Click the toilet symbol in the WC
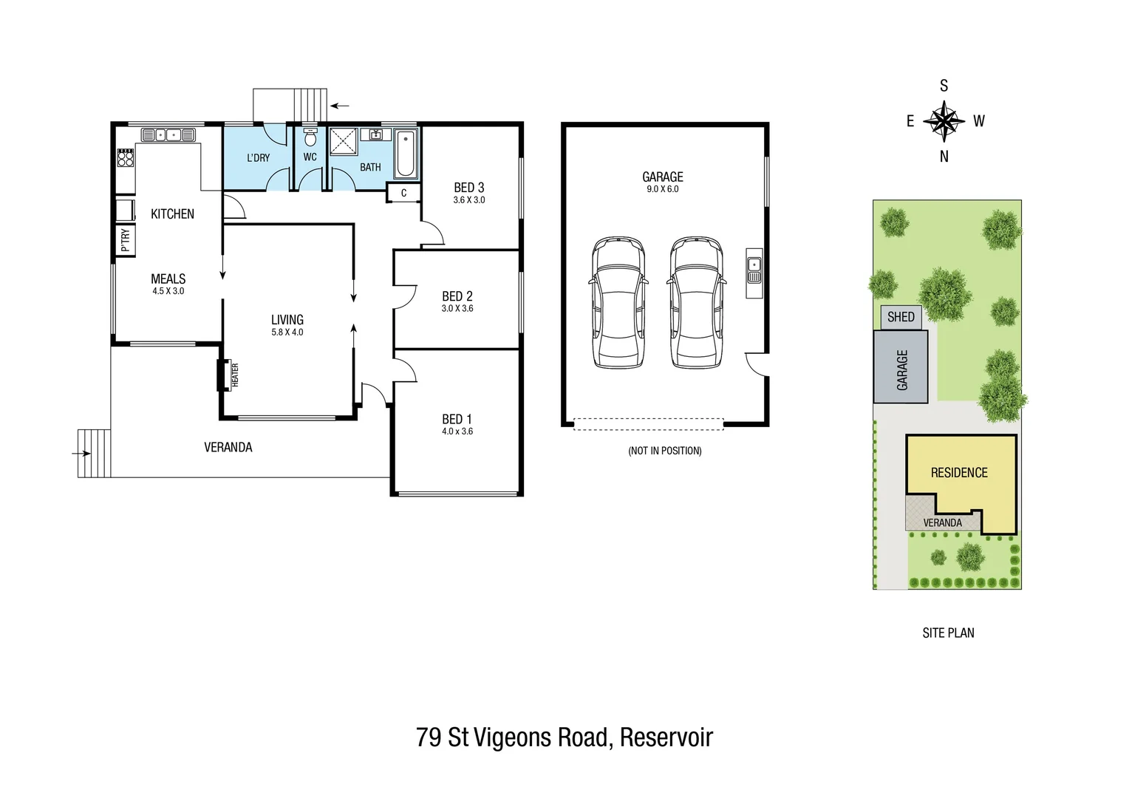[310, 137]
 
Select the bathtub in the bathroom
[405, 154]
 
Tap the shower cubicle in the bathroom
[343, 142]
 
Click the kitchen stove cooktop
[125, 158]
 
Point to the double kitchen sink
[168, 134]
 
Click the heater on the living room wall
[221, 375]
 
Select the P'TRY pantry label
[125, 240]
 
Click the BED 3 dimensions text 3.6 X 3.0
[469, 200]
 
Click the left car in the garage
[617, 303]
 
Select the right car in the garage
[695, 303]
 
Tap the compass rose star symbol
[944, 120]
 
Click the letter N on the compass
[944, 157]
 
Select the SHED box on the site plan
[901, 317]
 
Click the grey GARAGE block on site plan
[901, 367]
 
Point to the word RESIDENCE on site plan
[958, 473]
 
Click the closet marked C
[403, 194]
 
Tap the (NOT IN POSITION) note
[664, 451]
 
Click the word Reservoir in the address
[666, 737]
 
